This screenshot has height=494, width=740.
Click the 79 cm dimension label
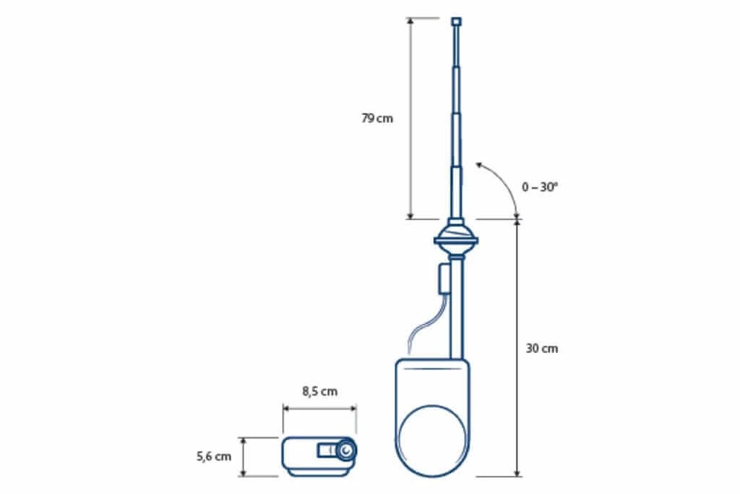pyautogui.click(x=377, y=118)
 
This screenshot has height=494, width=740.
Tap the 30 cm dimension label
pyautogui.click(x=542, y=349)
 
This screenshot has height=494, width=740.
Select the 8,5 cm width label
pyautogui.click(x=320, y=391)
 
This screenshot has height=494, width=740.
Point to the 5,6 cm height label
pyautogui.click(x=214, y=456)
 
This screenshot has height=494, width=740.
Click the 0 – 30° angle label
pyautogui.click(x=539, y=187)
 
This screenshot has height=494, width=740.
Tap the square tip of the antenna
pyautogui.click(x=457, y=21)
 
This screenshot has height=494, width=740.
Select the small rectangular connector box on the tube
pyautogui.click(x=444, y=280)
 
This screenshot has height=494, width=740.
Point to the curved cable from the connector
pyautogui.click(x=426, y=324)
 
